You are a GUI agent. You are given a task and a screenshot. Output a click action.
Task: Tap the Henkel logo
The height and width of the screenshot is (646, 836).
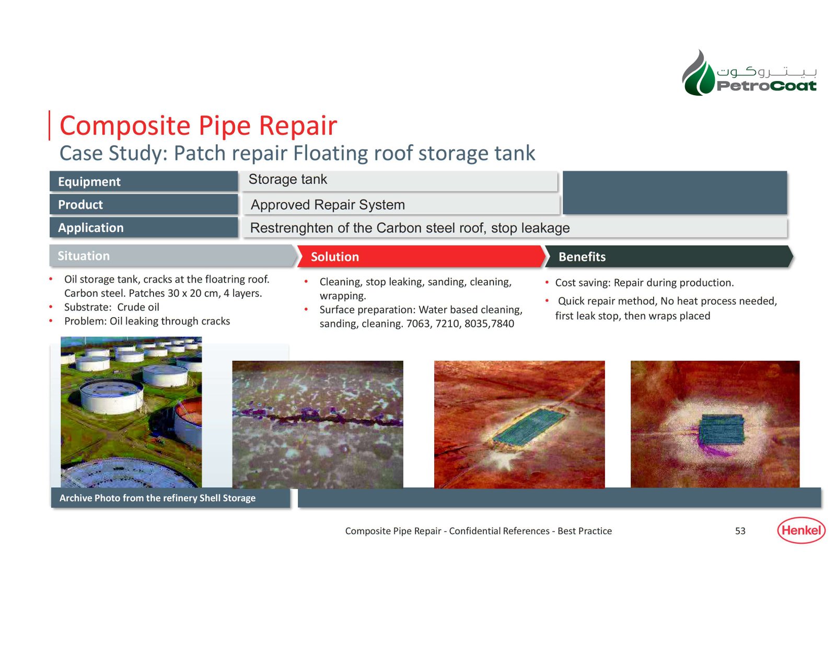pyautogui.click(x=802, y=530)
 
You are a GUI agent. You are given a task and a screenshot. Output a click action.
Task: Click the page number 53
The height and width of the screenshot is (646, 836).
pyautogui.click(x=740, y=531)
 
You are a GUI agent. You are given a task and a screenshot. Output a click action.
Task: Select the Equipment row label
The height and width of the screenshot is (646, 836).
pyautogui.click(x=144, y=181)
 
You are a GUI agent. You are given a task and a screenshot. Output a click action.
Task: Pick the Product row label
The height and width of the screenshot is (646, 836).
pyautogui.click(x=144, y=204)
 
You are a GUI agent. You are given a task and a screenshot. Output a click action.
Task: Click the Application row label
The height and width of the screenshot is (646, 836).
pyautogui.click(x=144, y=227)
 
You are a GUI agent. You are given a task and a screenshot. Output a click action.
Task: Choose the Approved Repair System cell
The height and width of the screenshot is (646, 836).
pyautogui.click(x=400, y=205)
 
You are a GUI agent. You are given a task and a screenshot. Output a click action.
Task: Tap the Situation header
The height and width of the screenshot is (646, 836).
pyautogui.click(x=173, y=256)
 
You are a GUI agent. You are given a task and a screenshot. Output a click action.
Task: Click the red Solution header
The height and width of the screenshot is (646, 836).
pyautogui.click(x=421, y=257)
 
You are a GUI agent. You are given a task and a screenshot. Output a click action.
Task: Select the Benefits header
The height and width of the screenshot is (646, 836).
pyautogui.click(x=669, y=257)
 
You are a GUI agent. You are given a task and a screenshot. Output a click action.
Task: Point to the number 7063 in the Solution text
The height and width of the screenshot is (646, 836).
pyautogui.click(x=417, y=324)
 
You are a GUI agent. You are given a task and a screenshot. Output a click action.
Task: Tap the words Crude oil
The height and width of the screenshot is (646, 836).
pyautogui.click(x=138, y=307)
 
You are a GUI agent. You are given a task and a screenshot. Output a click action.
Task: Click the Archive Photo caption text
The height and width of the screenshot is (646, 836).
pyautogui.click(x=157, y=498)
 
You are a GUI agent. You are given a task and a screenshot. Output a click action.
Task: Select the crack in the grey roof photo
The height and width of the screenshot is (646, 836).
pyautogui.click(x=318, y=418)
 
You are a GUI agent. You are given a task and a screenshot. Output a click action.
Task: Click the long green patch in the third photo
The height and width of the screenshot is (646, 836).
pyautogui.click(x=529, y=427)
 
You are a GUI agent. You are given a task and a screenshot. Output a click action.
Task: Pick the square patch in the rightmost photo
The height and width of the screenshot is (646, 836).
pyautogui.click(x=721, y=429)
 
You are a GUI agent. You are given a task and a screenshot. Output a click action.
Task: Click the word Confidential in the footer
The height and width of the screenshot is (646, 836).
pyautogui.click(x=500, y=531)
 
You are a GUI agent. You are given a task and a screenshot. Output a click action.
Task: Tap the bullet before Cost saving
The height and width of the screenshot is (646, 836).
pyautogui.click(x=547, y=283)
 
